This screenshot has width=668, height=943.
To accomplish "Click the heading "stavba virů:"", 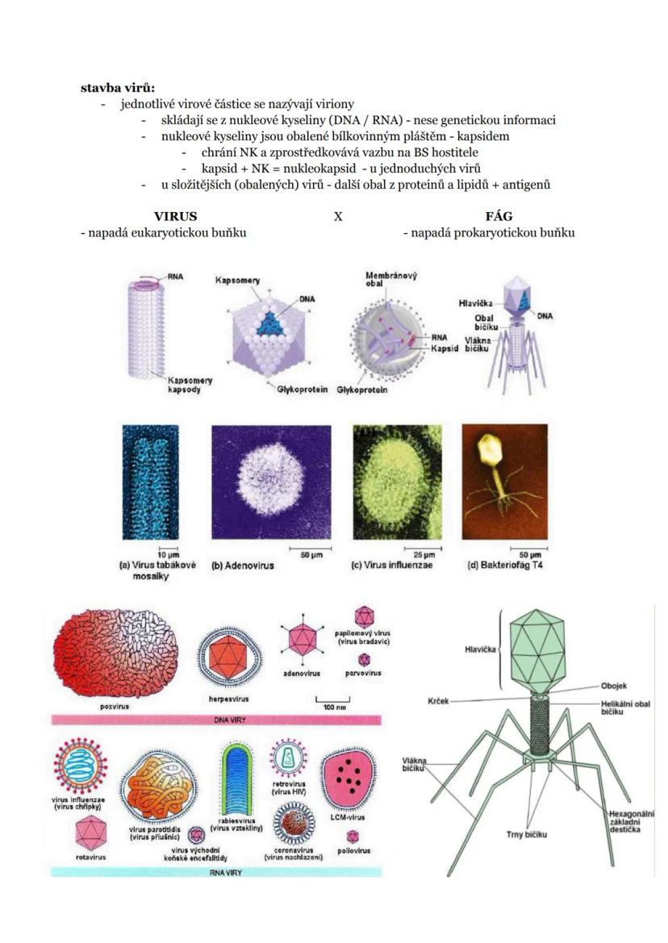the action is click(118, 88).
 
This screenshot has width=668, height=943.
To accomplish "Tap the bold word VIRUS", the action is click(176, 216).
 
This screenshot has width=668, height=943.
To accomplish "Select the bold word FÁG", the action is click(499, 216).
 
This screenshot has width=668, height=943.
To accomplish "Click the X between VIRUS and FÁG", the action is click(338, 216).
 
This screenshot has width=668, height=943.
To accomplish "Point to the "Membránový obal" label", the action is click(390, 279).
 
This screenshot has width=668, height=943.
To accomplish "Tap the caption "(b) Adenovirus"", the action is click(243, 565).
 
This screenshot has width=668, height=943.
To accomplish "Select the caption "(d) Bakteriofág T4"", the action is click(505, 565).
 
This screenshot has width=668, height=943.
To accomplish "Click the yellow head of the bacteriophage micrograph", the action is click(490, 450).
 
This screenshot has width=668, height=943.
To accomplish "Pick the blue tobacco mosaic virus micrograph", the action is click(150, 482).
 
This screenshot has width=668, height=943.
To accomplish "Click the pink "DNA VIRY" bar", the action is click(216, 720).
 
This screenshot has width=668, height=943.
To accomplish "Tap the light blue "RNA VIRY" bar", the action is click(216, 872).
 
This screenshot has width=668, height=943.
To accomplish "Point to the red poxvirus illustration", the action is click(115, 653).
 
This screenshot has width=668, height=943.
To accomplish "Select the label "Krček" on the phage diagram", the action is click(438, 701).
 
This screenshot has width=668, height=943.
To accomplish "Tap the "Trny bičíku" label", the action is click(527, 834).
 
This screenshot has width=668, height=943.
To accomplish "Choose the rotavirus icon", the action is click(91, 833).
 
